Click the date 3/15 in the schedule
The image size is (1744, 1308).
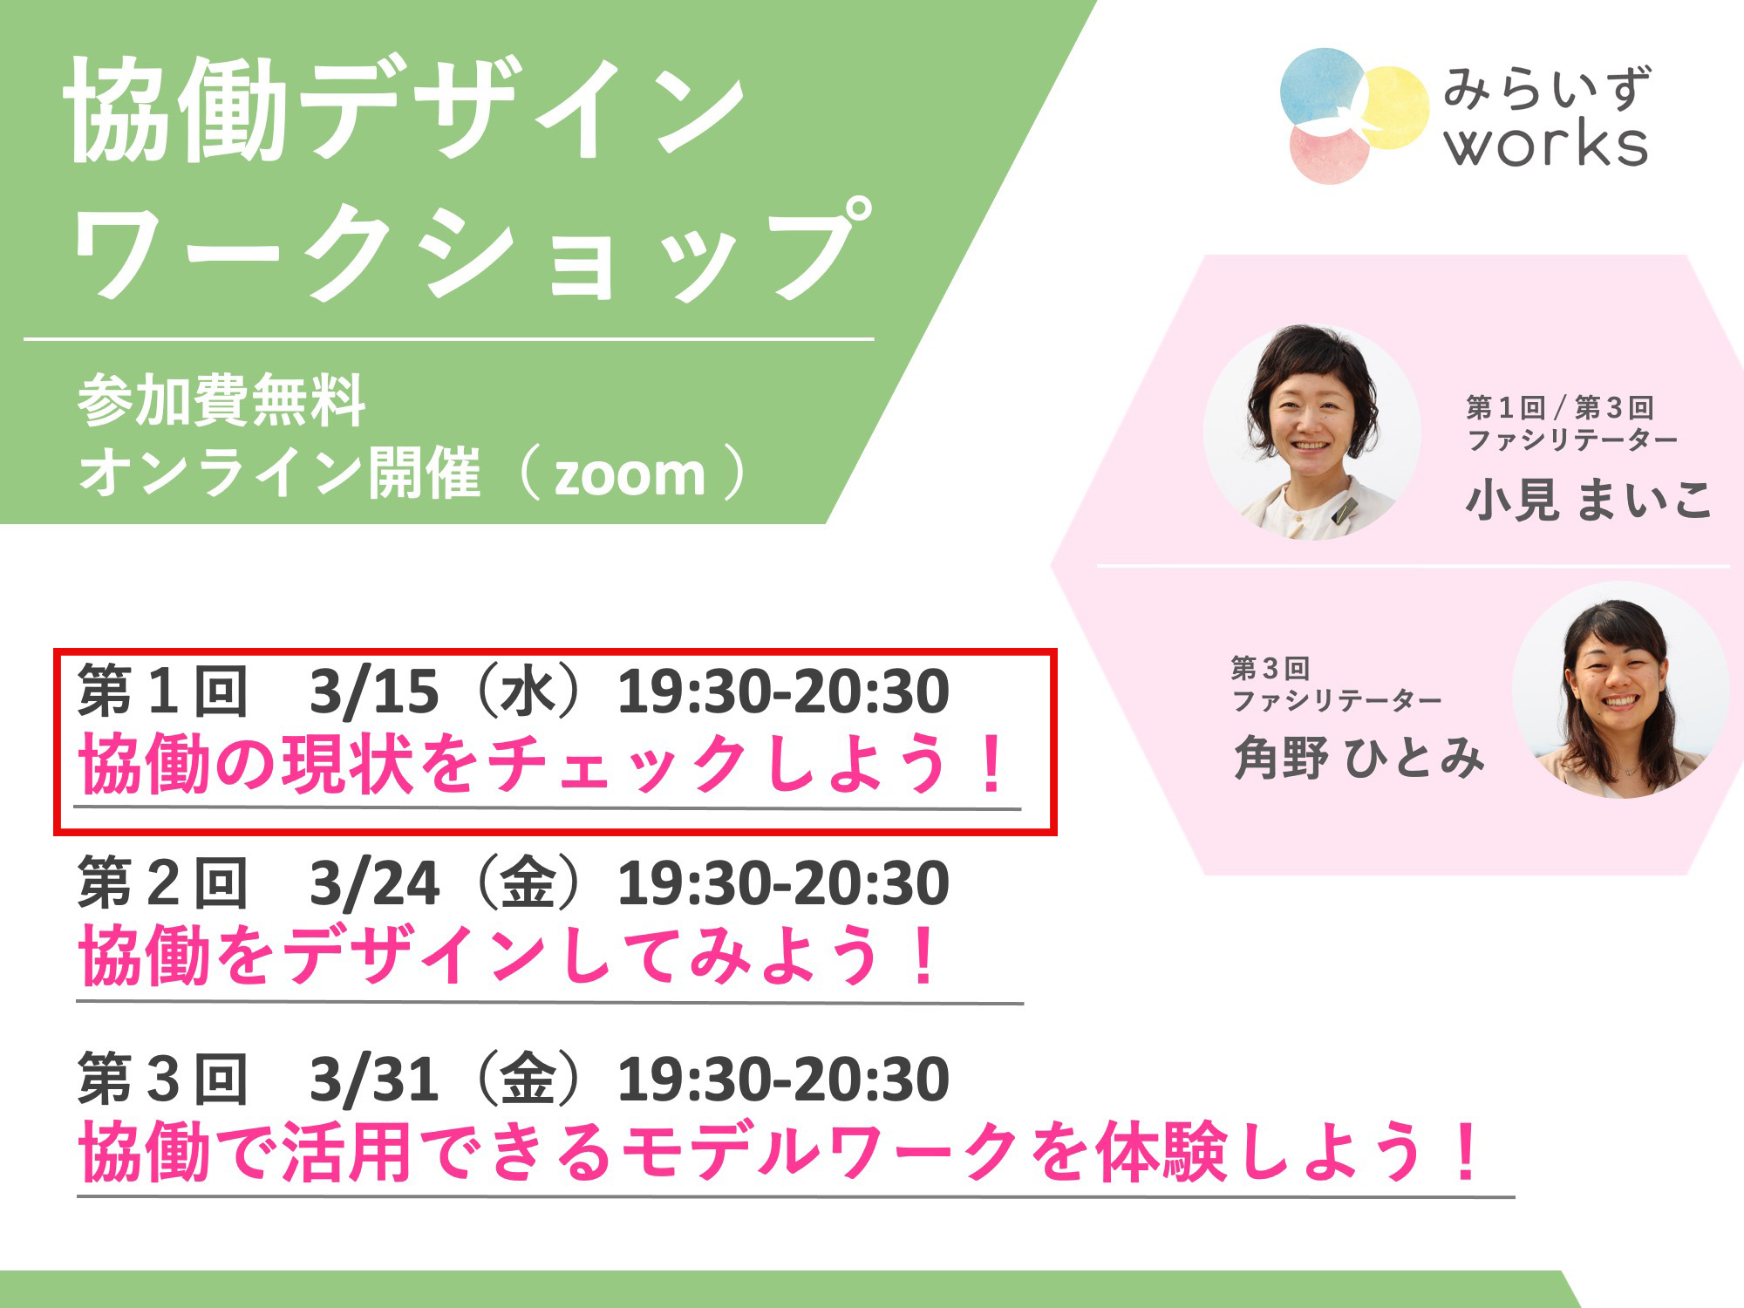(374, 692)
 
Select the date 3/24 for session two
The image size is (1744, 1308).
(374, 884)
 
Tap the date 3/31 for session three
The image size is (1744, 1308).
(374, 1080)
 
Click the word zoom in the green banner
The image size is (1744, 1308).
(630, 476)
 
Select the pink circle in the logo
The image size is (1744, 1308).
(1329, 152)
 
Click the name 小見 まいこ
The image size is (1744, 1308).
(1589, 500)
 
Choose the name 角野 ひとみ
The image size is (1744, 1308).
(1359, 757)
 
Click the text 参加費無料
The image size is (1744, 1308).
(221, 401)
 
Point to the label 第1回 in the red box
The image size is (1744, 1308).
(162, 691)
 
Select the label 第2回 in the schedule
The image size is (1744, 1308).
(162, 883)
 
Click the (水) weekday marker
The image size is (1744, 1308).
(528, 692)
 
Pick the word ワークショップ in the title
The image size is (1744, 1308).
(471, 250)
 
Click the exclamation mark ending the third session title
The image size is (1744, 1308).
(1468, 1151)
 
